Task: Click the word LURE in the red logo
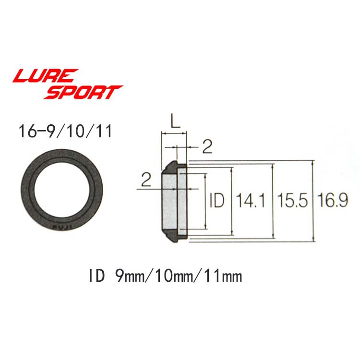[46, 76]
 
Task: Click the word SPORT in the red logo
[84, 92]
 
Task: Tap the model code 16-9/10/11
[65, 132]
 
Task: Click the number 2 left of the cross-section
[146, 180]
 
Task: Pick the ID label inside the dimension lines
[217, 201]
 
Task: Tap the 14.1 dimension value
[251, 201]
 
